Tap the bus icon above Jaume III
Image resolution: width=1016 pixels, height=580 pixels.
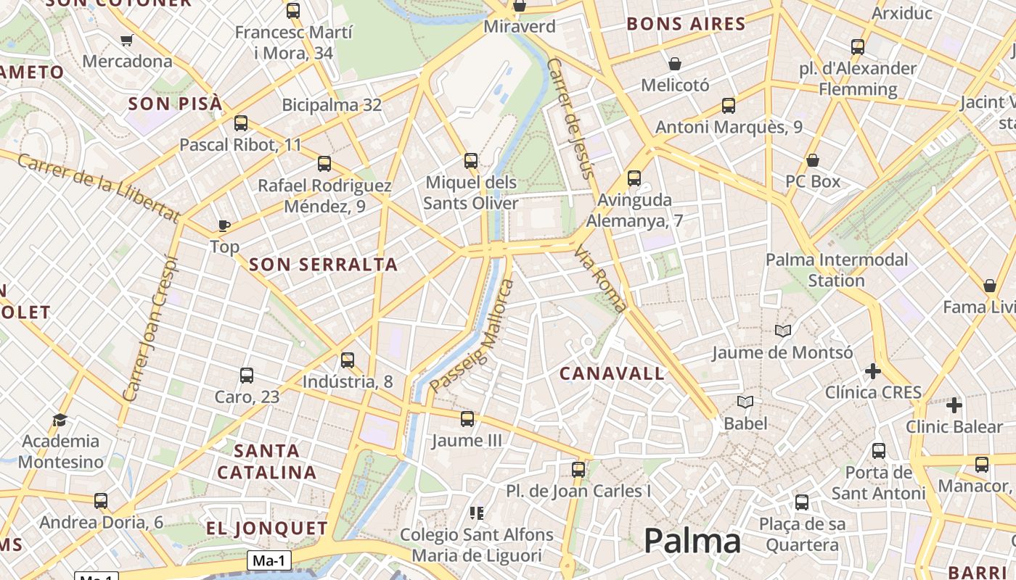(467, 418)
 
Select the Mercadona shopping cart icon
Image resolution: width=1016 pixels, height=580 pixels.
(127, 40)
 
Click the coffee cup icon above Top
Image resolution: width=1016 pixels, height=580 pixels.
(224, 225)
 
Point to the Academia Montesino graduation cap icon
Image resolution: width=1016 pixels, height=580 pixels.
(60, 420)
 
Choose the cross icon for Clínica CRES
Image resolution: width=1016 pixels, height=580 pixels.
(873, 372)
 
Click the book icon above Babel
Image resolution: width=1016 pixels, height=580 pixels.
(745, 402)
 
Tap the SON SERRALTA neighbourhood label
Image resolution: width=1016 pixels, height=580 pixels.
(324, 265)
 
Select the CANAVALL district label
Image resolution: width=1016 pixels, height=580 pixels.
(612, 374)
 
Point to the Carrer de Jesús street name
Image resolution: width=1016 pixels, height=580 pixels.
(570, 118)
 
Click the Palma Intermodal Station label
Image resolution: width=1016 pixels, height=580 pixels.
(837, 270)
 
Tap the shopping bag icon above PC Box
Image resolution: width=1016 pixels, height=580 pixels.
(813, 160)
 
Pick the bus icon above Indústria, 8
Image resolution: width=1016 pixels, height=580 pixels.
(348, 360)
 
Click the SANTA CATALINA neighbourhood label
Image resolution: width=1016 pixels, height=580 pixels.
(267, 462)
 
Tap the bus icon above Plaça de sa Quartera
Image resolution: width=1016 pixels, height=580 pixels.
(802, 502)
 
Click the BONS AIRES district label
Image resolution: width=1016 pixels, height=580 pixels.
(686, 24)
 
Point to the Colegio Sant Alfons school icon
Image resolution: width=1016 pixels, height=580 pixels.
(477, 513)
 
